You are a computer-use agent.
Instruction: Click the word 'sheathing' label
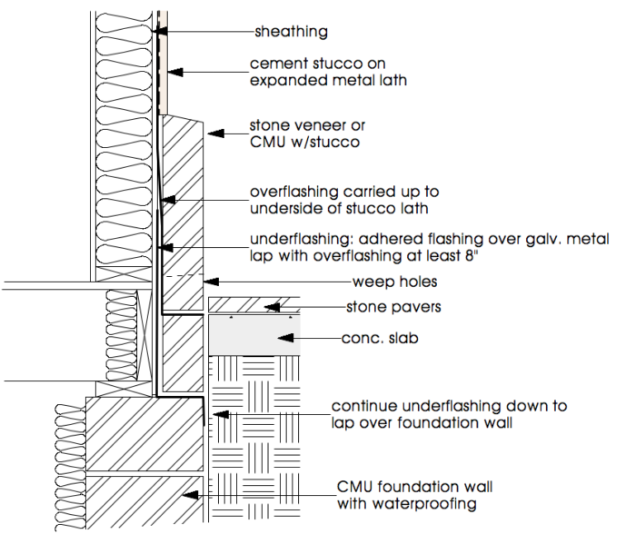[290, 32]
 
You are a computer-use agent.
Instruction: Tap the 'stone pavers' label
[393, 307]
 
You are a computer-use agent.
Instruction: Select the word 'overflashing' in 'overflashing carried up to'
[293, 193]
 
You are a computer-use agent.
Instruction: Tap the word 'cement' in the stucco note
[273, 64]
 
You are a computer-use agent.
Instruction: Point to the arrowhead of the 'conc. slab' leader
[284, 340]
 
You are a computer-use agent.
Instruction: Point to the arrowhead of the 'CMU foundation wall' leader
[185, 494]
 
